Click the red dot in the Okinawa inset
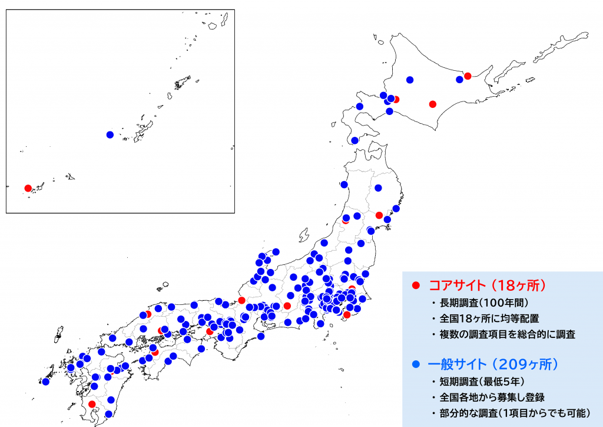(28, 188)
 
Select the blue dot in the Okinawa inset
(110, 134)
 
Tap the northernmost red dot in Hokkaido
(468, 75)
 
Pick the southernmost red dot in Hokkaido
(433, 104)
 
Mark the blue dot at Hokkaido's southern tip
(354, 140)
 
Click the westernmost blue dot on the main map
(45, 382)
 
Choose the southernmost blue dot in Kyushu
(108, 413)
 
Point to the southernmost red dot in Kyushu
(92, 404)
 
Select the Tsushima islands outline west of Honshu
(59, 334)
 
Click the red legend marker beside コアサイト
(415, 285)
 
